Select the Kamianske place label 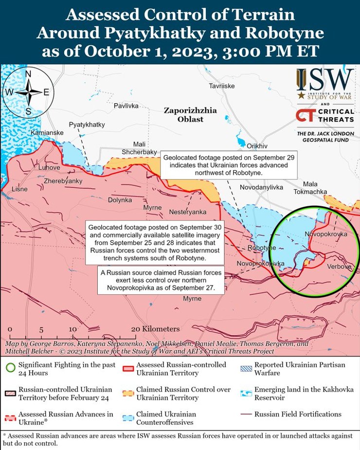47,133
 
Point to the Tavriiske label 222,86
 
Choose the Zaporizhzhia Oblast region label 190,115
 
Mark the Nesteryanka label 188,212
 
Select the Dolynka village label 120,200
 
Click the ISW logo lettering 325,78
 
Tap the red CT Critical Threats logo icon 305,116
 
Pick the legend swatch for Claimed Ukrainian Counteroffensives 128,418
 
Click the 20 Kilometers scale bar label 155,329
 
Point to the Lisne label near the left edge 19,189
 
